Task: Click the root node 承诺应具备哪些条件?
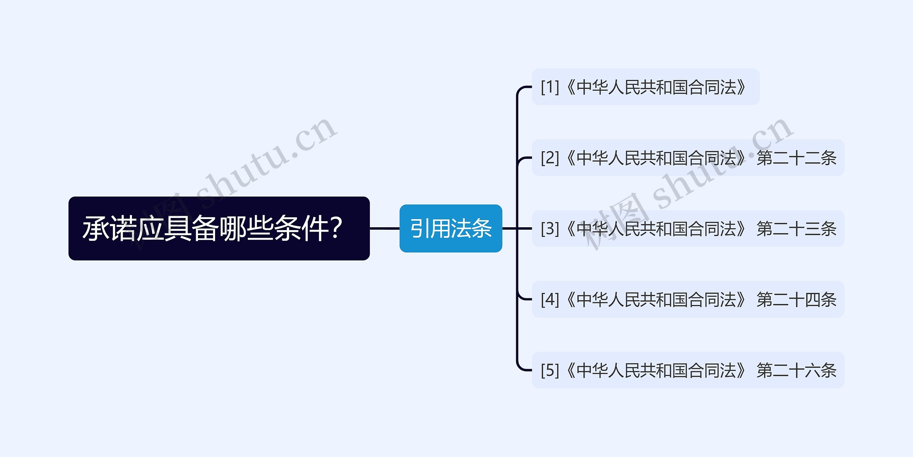click(219, 228)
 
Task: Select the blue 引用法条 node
click(451, 228)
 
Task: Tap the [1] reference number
click(550, 87)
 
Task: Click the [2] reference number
click(550, 158)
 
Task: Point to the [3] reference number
click(550, 229)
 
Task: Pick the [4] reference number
click(550, 299)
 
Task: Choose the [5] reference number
click(550, 370)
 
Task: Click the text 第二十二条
click(796, 158)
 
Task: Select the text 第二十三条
click(796, 229)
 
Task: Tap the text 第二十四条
click(796, 299)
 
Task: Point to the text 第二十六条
click(796, 370)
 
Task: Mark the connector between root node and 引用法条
click(384, 228)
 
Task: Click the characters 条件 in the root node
click(301, 228)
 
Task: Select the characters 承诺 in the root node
click(109, 228)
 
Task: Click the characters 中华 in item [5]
click(592, 370)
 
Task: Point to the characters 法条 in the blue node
click(471, 228)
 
